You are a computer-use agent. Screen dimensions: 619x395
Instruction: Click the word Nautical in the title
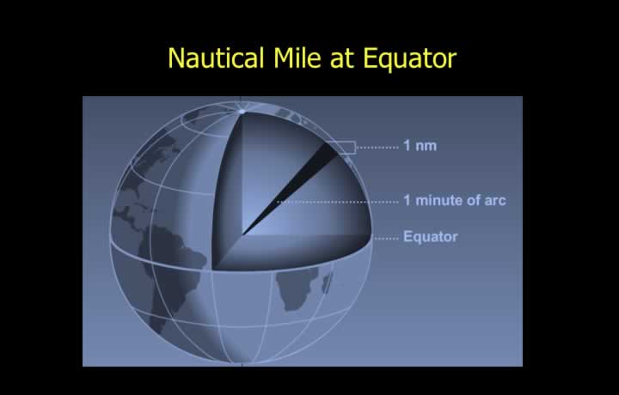pos(216,58)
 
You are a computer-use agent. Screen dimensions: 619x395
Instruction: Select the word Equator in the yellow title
pos(409,58)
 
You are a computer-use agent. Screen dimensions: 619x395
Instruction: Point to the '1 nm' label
pos(420,146)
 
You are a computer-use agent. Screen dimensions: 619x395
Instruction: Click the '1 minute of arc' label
pos(455,200)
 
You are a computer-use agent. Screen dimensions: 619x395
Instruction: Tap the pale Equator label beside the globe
pos(431,236)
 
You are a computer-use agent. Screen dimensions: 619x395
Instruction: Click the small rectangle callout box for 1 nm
pos(341,148)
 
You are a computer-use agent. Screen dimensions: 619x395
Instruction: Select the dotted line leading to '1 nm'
pos(377,148)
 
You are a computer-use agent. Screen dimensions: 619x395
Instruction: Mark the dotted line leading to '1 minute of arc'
pos(338,202)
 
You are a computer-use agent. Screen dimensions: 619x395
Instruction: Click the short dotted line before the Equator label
pos(387,239)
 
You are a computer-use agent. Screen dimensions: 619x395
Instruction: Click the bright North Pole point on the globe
pos(242,112)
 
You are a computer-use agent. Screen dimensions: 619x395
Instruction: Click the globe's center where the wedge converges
pos(242,235)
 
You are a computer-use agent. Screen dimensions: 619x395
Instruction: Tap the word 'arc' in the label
pos(495,201)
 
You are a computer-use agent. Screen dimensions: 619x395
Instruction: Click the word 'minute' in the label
pos(439,200)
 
